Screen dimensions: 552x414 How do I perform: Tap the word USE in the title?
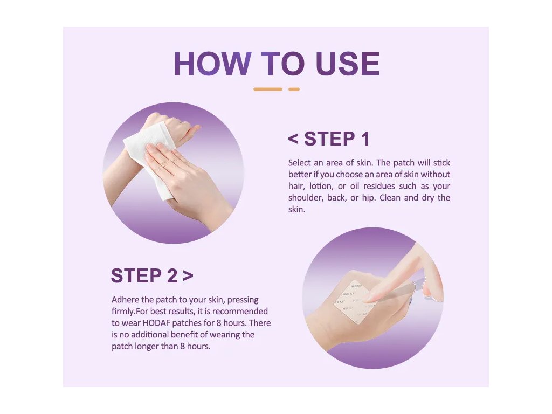(348, 64)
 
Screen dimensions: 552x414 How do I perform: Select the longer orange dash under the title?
(268, 89)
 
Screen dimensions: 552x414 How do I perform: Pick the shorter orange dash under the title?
(294, 89)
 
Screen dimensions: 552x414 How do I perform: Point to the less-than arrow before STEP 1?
(293, 139)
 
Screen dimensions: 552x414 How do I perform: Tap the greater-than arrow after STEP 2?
(188, 276)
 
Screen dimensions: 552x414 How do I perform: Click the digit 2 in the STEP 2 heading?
(172, 275)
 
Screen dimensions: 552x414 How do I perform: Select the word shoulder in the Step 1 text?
(306, 197)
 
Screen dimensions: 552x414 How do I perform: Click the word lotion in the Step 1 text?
(321, 186)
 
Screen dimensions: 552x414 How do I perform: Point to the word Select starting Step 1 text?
(299, 163)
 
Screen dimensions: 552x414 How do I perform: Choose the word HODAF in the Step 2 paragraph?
(156, 323)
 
